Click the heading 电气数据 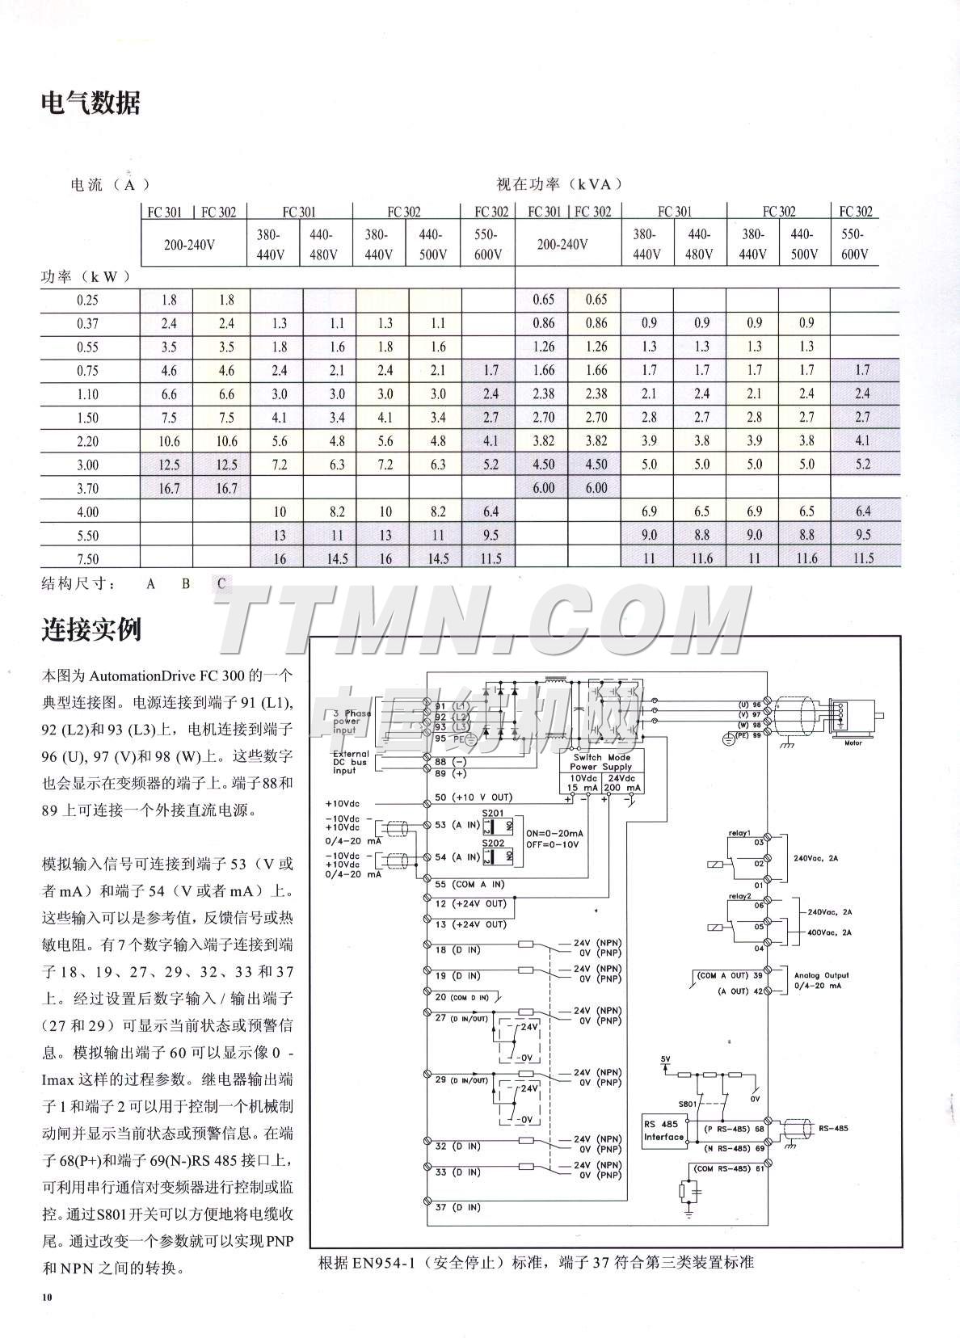(x=91, y=103)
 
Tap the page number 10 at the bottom (x=48, y=1297)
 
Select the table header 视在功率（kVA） (x=559, y=184)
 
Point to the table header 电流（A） (x=110, y=185)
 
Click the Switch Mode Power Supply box (x=601, y=762)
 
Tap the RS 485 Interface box (x=663, y=1130)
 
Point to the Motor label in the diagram (x=853, y=743)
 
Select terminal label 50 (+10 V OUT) (x=474, y=797)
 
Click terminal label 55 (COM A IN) (x=469, y=884)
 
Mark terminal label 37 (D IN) (x=457, y=1207)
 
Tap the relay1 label (x=739, y=832)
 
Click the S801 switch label (x=687, y=1103)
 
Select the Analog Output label (x=821, y=975)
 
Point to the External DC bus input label (x=351, y=762)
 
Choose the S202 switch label (x=493, y=843)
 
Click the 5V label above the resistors (x=665, y=1058)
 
